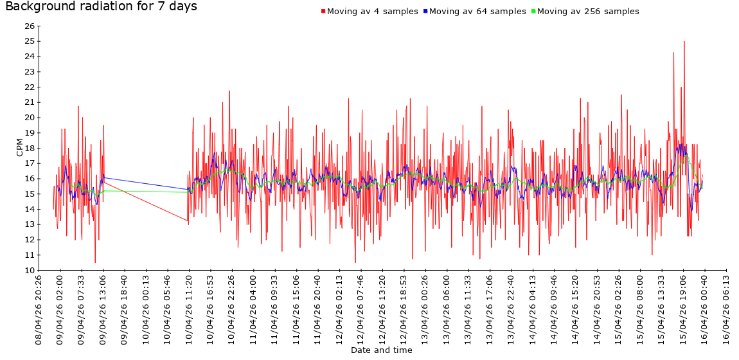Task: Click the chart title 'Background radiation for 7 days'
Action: coord(101,7)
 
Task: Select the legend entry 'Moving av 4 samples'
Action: coord(372,12)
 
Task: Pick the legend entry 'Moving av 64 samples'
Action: coord(477,12)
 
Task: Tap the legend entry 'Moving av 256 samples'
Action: coord(588,12)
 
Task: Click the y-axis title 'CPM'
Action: coord(20,147)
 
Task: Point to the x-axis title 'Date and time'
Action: coord(381,350)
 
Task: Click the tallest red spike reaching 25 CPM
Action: coord(684,42)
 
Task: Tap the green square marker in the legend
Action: coord(533,12)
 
